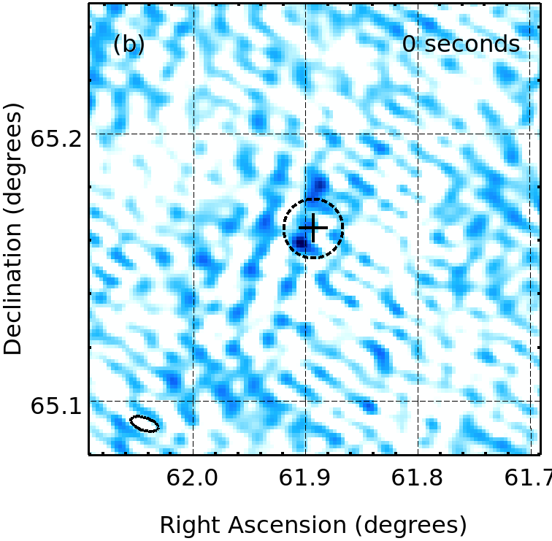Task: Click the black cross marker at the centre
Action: [313, 229]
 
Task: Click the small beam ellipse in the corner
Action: [145, 423]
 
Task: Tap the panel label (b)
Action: [129, 45]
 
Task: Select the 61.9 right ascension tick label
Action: [305, 478]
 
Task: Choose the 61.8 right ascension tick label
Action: [417, 478]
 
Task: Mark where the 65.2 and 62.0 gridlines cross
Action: [193, 134]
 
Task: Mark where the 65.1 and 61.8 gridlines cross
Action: [417, 401]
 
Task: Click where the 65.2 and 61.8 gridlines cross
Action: [417, 134]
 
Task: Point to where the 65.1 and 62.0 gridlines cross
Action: [193, 401]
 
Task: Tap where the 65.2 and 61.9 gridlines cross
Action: [305, 134]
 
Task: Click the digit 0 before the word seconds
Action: [410, 45]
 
